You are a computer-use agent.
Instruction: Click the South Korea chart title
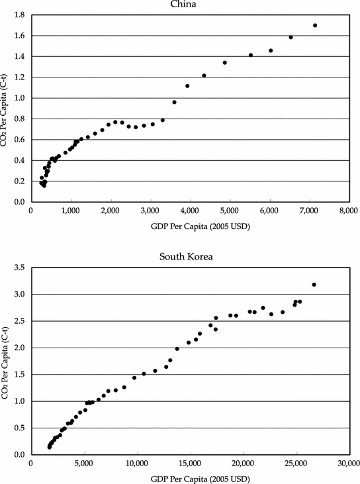pos(190,256)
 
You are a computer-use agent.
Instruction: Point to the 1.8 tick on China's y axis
pos(19,15)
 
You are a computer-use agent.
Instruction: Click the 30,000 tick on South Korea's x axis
pos(347,464)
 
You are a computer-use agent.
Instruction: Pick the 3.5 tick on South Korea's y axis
pos(19,267)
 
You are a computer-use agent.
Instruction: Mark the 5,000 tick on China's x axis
pos(230,211)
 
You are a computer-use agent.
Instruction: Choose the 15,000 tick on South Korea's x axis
pos(191,464)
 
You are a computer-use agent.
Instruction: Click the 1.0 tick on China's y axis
pos(19,98)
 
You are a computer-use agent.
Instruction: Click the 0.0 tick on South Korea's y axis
pos(19,455)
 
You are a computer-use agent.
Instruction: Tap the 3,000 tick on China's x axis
pos(151,211)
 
